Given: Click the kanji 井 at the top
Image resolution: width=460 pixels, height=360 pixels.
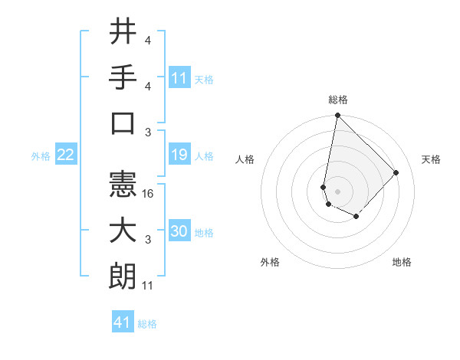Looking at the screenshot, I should [x=123, y=31].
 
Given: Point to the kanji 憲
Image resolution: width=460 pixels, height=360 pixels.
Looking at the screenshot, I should [x=123, y=184].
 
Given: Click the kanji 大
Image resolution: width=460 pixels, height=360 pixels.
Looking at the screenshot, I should [x=123, y=231].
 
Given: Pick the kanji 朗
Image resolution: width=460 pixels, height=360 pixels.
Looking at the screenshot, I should [x=123, y=277].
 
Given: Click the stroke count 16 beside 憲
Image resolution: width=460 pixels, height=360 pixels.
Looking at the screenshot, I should [x=149, y=195].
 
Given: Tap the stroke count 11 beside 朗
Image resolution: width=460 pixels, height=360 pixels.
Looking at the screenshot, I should [x=148, y=286].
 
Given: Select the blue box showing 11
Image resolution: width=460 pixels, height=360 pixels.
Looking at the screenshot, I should [x=179, y=77].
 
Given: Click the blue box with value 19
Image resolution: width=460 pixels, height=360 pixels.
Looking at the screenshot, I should [x=179, y=155].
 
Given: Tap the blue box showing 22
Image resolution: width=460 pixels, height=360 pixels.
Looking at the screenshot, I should [x=66, y=155].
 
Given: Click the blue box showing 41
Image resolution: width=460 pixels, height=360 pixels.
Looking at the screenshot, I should [x=123, y=322].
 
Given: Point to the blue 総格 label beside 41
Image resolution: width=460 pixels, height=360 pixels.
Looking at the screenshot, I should [x=147, y=324].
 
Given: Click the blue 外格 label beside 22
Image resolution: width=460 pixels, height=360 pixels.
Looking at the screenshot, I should [x=41, y=156].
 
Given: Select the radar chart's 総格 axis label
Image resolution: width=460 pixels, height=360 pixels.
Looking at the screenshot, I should [x=337, y=100].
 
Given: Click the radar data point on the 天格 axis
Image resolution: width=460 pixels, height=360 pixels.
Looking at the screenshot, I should [x=396, y=172].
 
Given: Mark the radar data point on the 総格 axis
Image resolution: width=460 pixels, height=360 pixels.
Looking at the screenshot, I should [x=337, y=116].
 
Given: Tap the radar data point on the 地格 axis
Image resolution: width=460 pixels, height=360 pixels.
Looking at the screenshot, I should [x=356, y=217].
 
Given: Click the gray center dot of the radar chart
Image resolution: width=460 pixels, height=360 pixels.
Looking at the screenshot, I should [x=337, y=191].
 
